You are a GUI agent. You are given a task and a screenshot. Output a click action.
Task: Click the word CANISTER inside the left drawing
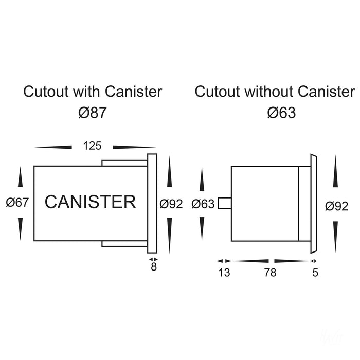[x=91, y=202]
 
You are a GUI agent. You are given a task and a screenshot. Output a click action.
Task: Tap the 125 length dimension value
[x=92, y=147]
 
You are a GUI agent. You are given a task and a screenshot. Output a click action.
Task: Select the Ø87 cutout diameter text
[x=93, y=112]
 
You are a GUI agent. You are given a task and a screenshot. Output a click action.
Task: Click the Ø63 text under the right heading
[x=282, y=112]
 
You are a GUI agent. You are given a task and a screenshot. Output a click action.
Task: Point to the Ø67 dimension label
[x=17, y=203]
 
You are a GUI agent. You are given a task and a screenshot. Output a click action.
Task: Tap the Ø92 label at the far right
[x=337, y=206]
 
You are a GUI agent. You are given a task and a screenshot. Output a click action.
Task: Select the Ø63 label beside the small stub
[x=203, y=204]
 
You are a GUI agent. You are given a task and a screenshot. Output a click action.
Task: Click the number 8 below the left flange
[x=153, y=267]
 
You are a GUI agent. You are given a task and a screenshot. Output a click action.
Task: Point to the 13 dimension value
[x=224, y=273]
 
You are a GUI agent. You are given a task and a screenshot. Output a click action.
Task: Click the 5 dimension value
[x=315, y=273]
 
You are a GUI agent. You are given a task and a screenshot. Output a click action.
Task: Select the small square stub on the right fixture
[x=224, y=203]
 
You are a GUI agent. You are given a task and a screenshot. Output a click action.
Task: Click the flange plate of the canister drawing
[x=152, y=203]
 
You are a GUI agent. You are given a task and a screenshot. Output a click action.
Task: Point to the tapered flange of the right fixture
[x=314, y=204]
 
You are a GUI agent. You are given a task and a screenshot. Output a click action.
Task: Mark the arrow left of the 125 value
[x=53, y=147]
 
